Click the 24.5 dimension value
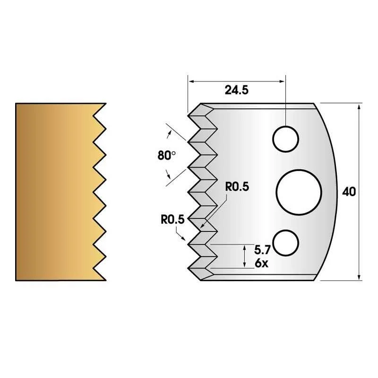pos(237,90)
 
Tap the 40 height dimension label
pos(349,192)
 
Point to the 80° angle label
pos(167,155)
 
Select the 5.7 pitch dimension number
pos(263,250)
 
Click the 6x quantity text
pos(262,263)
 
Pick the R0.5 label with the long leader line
pos(237,187)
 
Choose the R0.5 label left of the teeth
pos(172,219)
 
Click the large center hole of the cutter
pos(299,192)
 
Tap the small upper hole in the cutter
pos(286,139)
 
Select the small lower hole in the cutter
pos(286,243)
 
